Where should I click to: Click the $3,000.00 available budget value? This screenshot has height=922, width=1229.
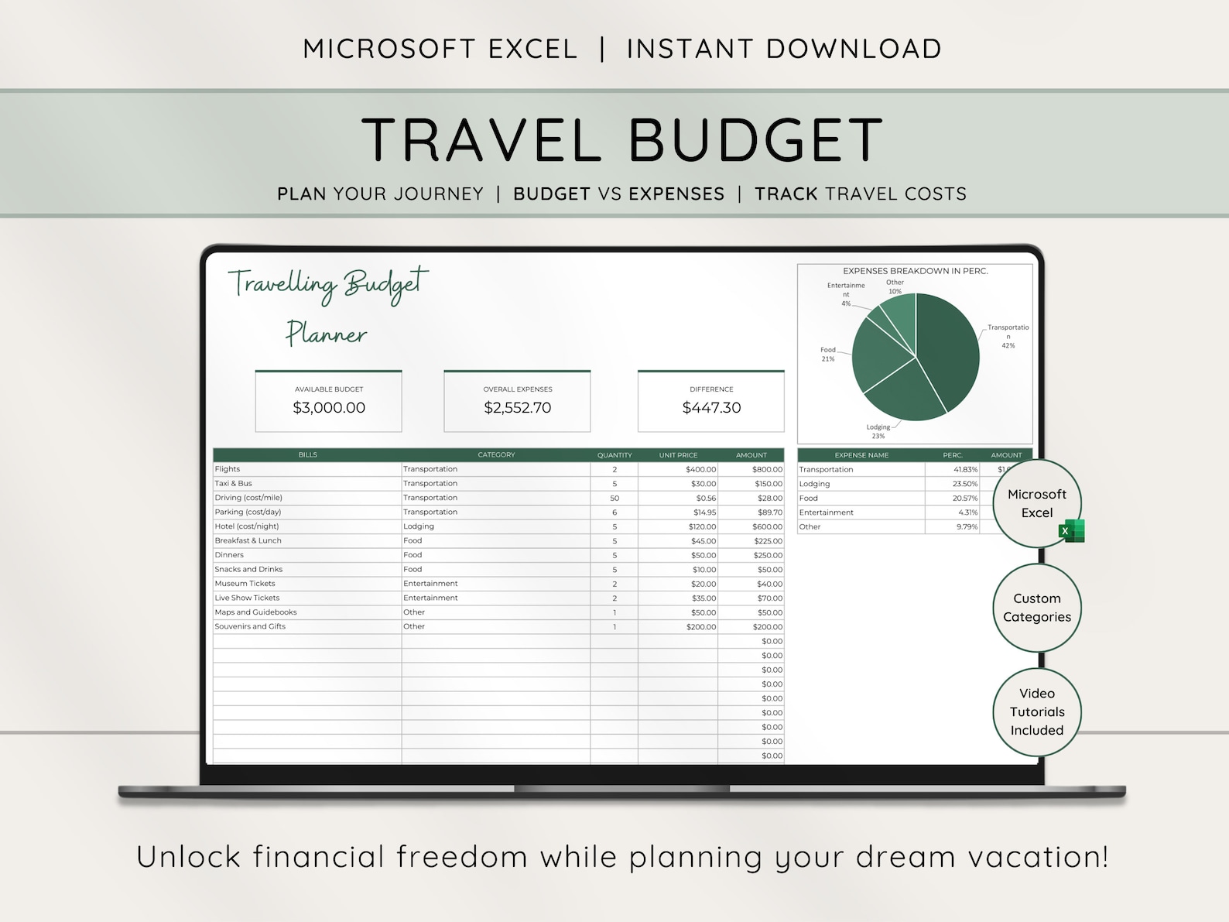coord(329,408)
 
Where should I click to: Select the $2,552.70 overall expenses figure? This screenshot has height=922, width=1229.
coord(518,408)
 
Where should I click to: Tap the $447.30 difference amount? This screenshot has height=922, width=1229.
coord(711,408)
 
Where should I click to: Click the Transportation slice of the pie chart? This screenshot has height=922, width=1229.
coord(948,348)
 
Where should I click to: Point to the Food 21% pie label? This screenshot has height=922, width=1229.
coord(828,355)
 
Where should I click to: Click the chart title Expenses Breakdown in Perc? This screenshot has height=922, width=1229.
coord(915,271)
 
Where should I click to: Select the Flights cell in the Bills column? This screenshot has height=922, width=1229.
coord(228,469)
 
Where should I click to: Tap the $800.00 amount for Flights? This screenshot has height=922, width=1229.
coord(767,469)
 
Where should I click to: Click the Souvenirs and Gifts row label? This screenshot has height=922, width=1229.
coord(250,626)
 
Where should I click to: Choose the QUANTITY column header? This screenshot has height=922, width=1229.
coord(614,455)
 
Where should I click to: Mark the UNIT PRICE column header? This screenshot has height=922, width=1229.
coord(678,455)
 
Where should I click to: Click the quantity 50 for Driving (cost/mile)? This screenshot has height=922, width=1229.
coord(614,498)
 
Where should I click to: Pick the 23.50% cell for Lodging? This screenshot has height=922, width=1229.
coord(964,484)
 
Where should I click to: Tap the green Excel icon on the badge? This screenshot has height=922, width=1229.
coord(1072,531)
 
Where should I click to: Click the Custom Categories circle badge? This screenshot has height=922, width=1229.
coord(1037,608)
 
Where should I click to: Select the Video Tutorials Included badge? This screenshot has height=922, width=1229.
coord(1037,712)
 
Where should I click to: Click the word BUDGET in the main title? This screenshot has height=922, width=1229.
coord(755,141)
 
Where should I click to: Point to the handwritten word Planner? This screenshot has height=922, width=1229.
coord(326,334)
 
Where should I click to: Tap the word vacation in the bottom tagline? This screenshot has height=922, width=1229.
coord(1037,857)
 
